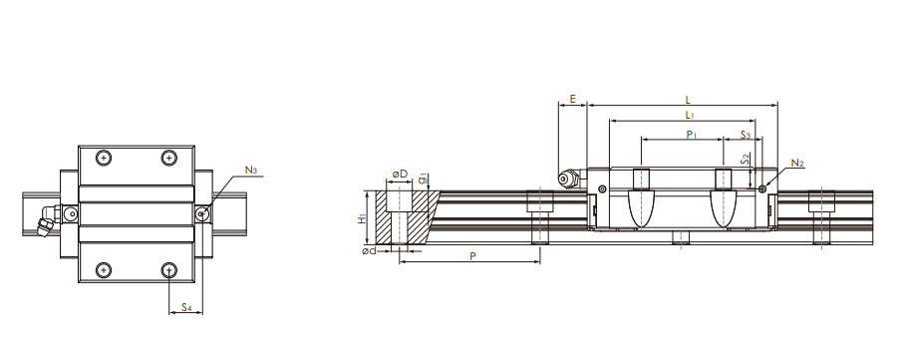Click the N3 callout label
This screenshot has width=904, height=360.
pos(251,171)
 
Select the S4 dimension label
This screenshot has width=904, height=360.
pos(186,307)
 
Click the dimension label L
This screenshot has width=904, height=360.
pos(688,101)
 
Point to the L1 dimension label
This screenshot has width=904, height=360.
pos(690,115)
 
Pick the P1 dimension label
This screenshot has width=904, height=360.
pos(693,135)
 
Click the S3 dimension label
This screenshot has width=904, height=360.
pos(746,135)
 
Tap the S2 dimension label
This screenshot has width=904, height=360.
pos(746,160)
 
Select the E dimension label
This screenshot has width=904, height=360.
pos(572,99)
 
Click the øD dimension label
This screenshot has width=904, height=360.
pos(400,174)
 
